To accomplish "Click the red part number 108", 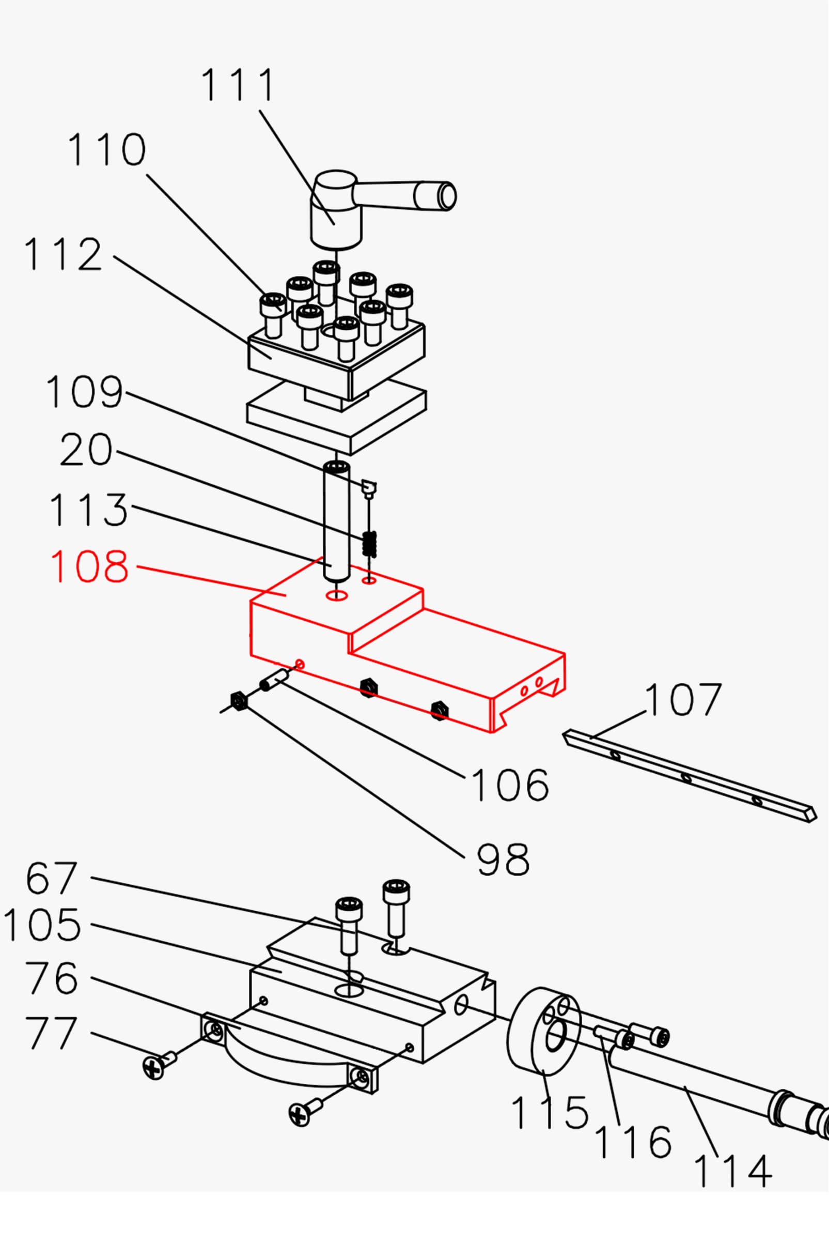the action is click(x=89, y=566).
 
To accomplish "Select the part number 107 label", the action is click(x=683, y=700).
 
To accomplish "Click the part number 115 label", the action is click(x=550, y=1112).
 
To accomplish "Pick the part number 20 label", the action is click(x=86, y=450).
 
